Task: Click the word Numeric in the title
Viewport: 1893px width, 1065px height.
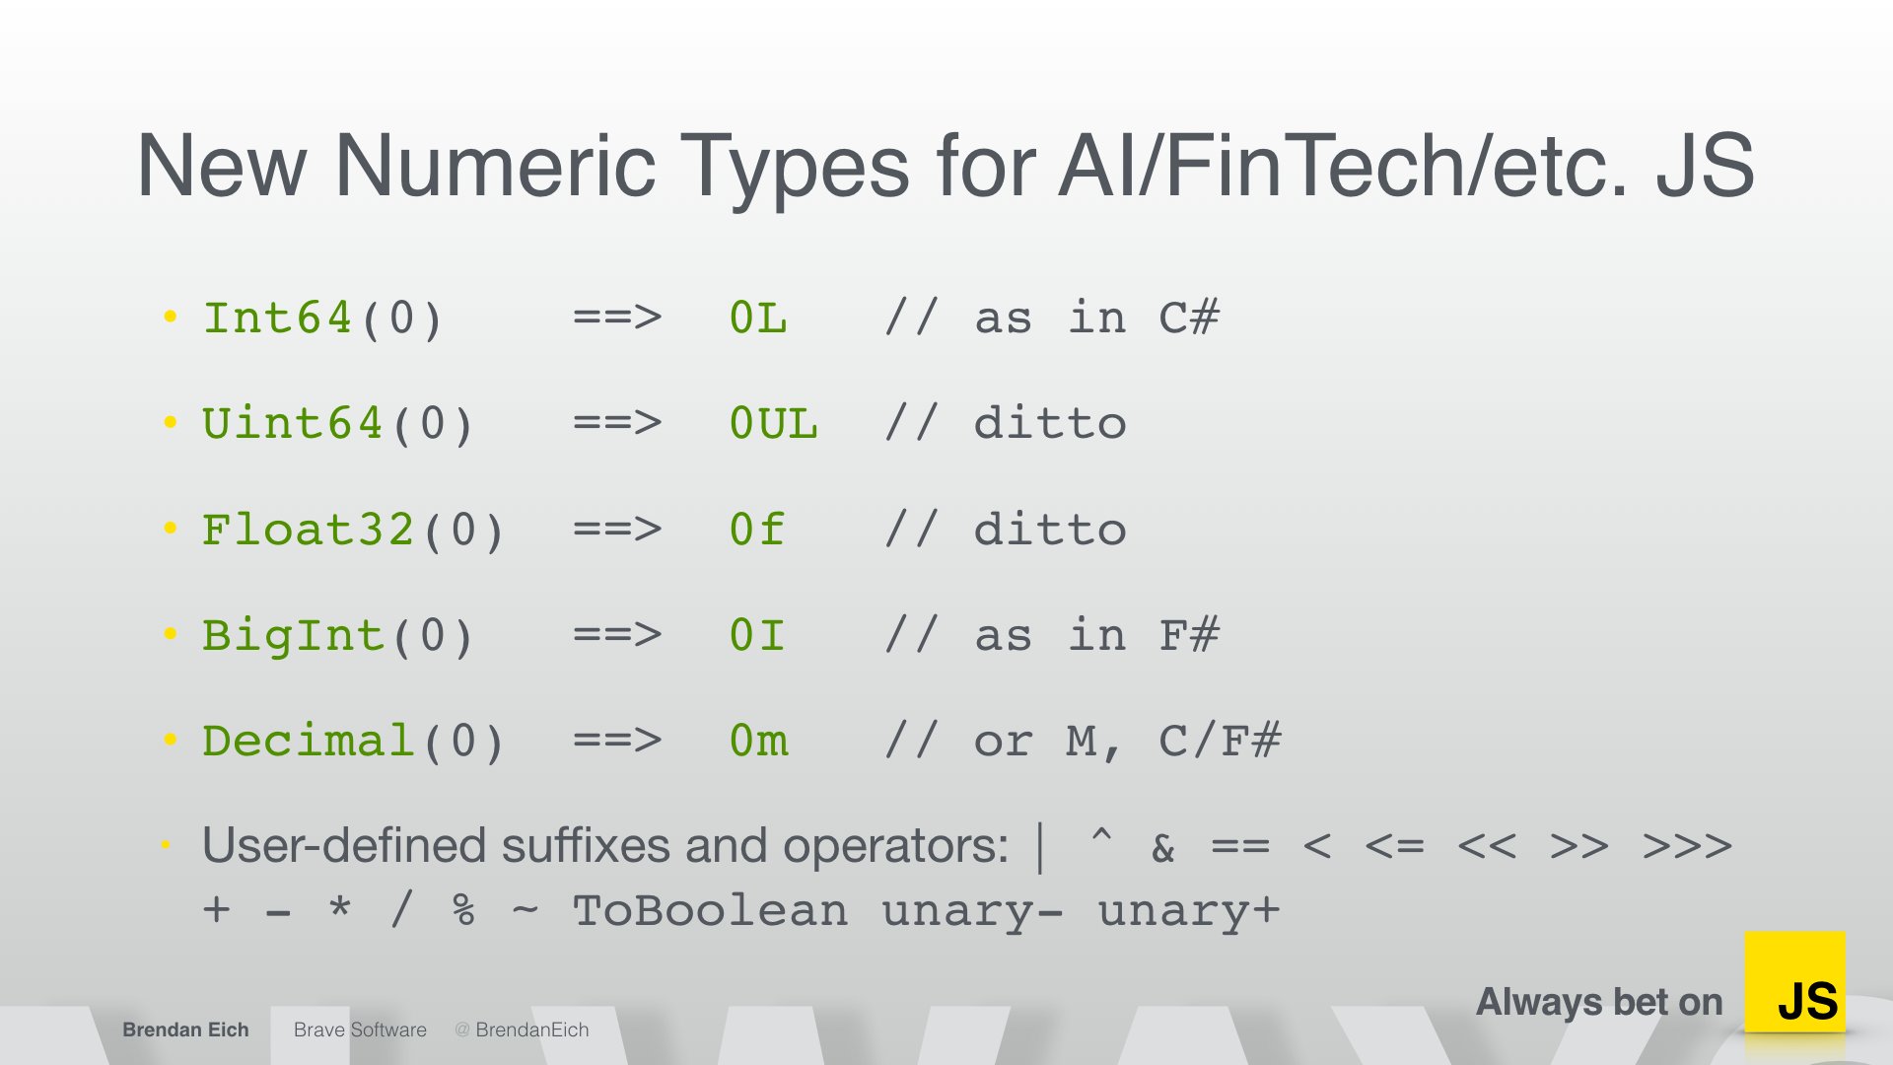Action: click(495, 165)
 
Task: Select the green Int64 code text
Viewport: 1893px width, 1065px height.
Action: click(277, 318)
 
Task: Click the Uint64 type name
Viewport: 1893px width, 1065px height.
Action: click(292, 423)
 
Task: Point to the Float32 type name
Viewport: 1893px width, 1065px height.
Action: click(308, 530)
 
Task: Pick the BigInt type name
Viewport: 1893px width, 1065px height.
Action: click(292, 635)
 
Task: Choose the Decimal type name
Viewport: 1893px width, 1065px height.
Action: click(308, 741)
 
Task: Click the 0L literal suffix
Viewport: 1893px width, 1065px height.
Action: click(758, 318)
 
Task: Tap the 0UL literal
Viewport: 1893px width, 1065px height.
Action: click(773, 423)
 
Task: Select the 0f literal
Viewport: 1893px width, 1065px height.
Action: click(757, 530)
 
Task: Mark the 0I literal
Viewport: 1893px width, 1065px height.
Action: click(757, 635)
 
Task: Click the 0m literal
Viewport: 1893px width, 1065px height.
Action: click(758, 741)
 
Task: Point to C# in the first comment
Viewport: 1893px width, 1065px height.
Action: click(1189, 318)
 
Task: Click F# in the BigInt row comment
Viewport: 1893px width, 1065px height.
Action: click(1189, 635)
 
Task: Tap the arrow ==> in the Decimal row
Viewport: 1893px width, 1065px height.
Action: click(617, 741)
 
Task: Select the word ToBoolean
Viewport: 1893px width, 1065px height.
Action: click(710, 910)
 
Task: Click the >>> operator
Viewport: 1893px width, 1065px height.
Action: click(1687, 846)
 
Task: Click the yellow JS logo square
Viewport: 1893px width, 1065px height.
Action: click(1794, 982)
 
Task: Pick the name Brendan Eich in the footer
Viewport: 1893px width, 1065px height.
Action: click(185, 1029)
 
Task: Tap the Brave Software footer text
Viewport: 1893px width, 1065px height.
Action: click(360, 1029)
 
